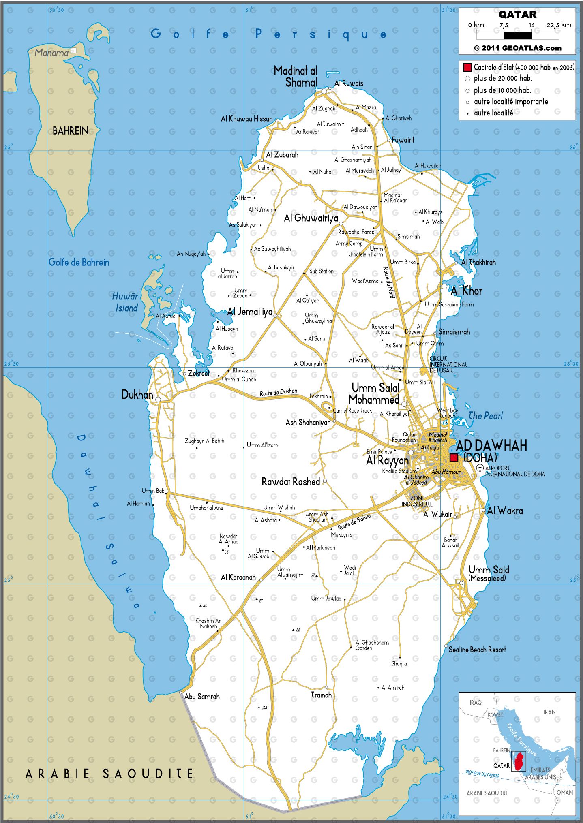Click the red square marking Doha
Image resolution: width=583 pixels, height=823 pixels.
coord(453,457)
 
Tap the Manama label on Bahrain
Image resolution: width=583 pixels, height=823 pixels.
coord(51,53)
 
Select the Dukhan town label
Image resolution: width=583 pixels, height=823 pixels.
coord(137,395)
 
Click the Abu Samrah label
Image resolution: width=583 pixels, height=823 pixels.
coord(202,697)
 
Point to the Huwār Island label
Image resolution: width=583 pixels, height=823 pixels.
coord(125,302)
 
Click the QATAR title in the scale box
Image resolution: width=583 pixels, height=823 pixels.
coord(517,15)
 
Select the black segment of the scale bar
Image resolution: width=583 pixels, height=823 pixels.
coord(517,36)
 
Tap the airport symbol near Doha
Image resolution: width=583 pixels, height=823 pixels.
coord(480,468)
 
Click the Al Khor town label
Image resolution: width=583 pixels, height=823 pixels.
coord(466,291)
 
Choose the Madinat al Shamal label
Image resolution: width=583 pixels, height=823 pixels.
coord(295,77)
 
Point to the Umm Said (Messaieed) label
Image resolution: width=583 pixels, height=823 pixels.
coord(488,573)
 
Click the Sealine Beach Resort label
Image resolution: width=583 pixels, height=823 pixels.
coord(477,650)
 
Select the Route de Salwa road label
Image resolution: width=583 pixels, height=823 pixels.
coord(354,522)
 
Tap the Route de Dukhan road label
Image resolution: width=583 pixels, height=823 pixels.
coord(278,392)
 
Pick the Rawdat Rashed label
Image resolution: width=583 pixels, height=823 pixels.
coord(291,481)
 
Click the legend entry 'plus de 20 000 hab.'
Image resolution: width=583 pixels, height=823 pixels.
coord(502,78)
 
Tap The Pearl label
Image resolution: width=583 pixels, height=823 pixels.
coord(485,416)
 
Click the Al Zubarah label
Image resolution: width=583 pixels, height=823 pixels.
coord(282,155)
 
